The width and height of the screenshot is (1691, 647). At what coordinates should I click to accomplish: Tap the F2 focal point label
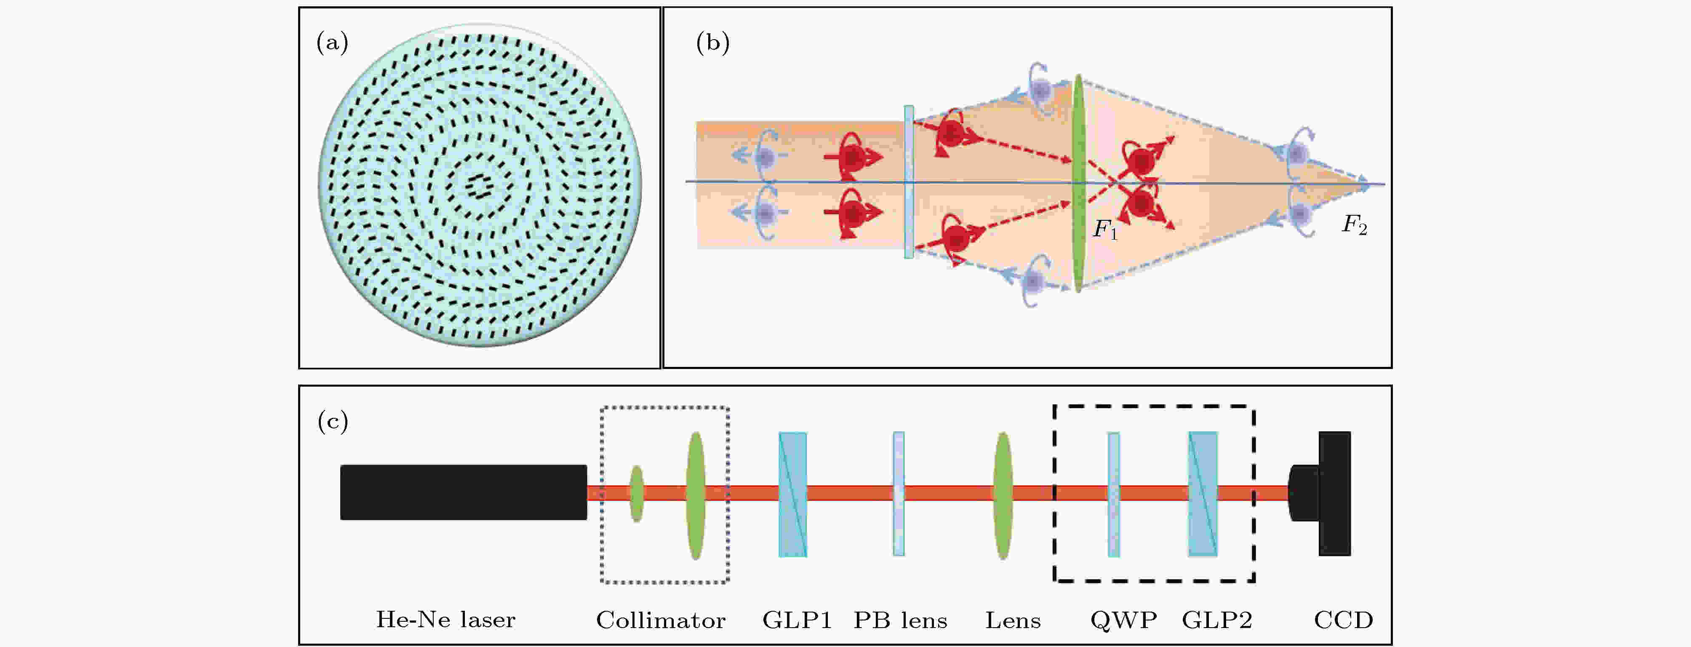(x=1354, y=225)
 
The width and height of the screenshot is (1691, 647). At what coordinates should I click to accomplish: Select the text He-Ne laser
(x=445, y=620)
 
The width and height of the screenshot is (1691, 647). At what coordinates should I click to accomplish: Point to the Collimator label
(x=660, y=620)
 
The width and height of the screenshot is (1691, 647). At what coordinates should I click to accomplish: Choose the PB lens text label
(x=900, y=620)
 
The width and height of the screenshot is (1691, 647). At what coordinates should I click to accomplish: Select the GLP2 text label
(x=1217, y=620)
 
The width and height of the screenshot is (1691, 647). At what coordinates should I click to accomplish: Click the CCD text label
(x=1343, y=620)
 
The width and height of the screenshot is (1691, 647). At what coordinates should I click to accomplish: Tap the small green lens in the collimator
(x=636, y=493)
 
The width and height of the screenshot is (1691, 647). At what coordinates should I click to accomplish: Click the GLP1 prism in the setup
(x=792, y=494)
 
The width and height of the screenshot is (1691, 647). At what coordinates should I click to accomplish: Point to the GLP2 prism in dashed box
(x=1203, y=494)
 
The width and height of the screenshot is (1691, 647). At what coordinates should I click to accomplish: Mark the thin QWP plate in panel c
(x=1113, y=494)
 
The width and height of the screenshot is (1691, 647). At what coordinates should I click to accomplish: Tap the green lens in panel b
(x=1078, y=184)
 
